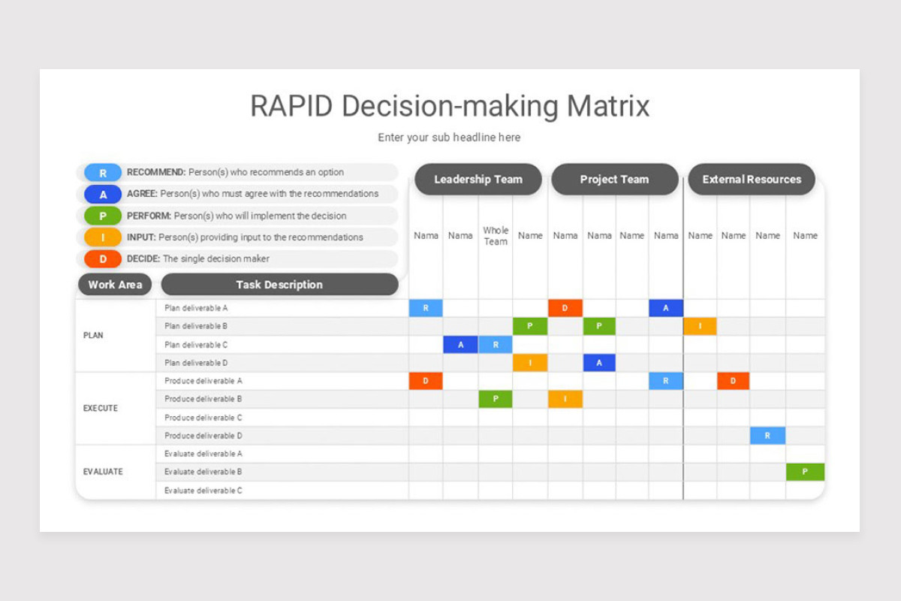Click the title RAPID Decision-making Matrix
[450, 106]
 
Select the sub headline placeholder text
[449, 137]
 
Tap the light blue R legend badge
[103, 173]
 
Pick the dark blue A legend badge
[103, 195]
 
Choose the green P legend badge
[103, 216]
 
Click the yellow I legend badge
[103, 237]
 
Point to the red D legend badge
[103, 259]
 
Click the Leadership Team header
[478, 180]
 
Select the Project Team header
[614, 180]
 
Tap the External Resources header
[752, 180]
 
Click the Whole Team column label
[496, 236]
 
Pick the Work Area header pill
[115, 285]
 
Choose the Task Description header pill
[279, 285]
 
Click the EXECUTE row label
[101, 409]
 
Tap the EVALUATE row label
[103, 472]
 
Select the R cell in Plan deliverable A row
[426, 308]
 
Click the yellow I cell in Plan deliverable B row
[700, 326]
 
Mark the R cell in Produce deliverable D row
[767, 436]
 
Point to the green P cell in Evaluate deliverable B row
[805, 472]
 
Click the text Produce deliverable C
[203, 418]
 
